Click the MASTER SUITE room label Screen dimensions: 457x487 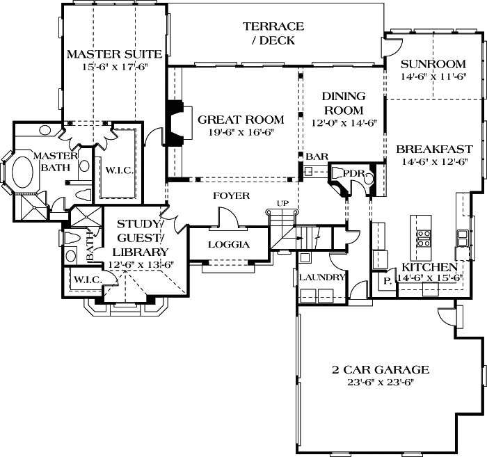pyautogui.click(x=114, y=54)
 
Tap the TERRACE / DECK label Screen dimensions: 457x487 pyautogui.click(x=273, y=33)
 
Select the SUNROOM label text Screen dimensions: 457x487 pyautogui.click(x=433, y=64)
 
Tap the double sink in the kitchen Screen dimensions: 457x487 pyautogui.click(x=463, y=237)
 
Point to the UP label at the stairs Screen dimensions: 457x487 pyautogui.click(x=282, y=203)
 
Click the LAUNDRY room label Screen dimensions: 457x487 pyautogui.click(x=322, y=277)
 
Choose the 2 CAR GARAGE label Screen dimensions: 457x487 pyautogui.click(x=380, y=369)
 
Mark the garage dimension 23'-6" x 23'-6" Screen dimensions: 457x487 pyautogui.click(x=380, y=382)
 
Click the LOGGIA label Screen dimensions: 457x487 pyautogui.click(x=229, y=245)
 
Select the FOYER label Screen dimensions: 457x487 pyautogui.click(x=231, y=196)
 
